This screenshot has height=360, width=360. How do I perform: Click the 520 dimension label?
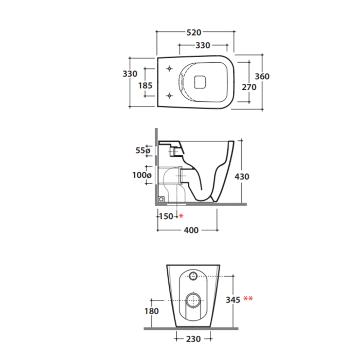194,32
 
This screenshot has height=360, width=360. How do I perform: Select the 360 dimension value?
262,76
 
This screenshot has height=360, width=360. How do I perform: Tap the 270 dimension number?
249,87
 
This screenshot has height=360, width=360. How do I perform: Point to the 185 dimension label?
145,86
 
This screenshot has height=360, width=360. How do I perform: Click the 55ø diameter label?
143,150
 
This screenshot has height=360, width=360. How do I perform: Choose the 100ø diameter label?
142,175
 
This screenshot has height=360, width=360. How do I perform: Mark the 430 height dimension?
242,176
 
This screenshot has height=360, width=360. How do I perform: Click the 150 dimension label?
166,217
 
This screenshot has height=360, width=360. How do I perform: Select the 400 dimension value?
191,230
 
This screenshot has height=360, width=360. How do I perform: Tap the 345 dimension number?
233,300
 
